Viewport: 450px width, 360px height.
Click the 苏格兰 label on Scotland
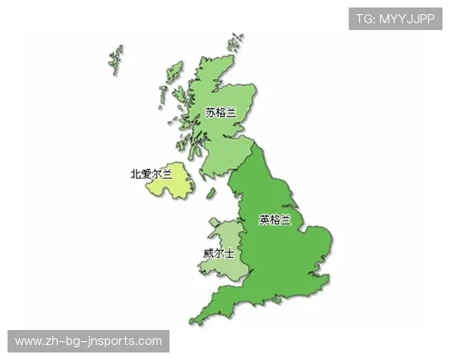pyautogui.click(x=220, y=112)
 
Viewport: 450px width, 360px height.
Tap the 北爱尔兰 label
pyautogui.click(x=151, y=174)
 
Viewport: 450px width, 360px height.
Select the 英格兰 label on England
pyautogui.click(x=274, y=220)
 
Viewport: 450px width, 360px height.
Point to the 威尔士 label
pyautogui.click(x=218, y=253)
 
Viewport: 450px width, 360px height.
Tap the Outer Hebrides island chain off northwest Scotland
pyautogui.click(x=116, y=57)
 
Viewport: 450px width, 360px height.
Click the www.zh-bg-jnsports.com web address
pyautogui.click(x=88, y=341)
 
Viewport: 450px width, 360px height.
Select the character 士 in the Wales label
pyautogui.click(x=229, y=253)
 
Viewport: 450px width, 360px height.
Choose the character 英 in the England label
pyautogui.click(x=264, y=220)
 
